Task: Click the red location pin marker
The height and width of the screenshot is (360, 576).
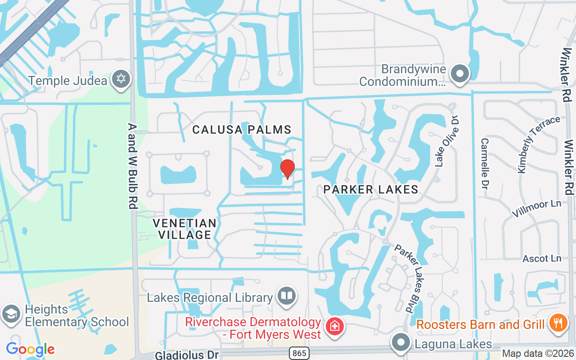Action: [x=287, y=169]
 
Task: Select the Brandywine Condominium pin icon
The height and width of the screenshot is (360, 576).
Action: [x=460, y=73]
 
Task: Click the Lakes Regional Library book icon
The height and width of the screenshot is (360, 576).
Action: [x=287, y=296]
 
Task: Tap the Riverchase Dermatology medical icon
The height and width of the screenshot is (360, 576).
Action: [x=334, y=326]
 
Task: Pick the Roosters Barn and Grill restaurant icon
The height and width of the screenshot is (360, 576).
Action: [x=558, y=323]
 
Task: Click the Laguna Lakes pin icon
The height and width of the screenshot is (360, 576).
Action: [x=400, y=343]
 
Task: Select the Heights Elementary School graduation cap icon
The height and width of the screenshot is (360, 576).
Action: [x=10, y=314]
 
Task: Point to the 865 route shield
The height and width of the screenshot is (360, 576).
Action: [x=299, y=353]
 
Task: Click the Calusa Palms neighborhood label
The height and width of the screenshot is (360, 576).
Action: [x=242, y=130]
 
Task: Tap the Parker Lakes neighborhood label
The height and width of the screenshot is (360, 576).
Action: [x=371, y=189]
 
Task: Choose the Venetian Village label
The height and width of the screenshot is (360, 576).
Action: [x=184, y=229]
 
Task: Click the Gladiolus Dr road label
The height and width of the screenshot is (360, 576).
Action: [x=187, y=355]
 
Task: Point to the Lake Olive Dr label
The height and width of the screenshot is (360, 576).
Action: [x=447, y=140]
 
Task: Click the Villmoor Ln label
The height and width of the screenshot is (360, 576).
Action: [x=537, y=209]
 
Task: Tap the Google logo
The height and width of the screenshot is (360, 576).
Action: [x=30, y=349]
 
